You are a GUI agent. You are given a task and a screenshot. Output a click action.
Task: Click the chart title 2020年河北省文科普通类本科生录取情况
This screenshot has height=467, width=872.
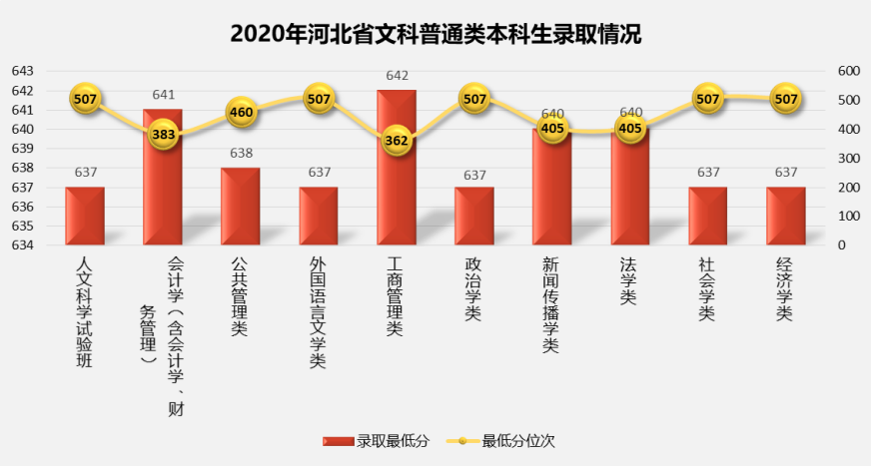[436, 33]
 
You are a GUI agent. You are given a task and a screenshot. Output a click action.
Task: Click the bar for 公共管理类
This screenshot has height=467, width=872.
[241, 206]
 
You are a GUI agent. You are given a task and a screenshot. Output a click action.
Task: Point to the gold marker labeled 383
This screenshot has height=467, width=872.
[164, 134]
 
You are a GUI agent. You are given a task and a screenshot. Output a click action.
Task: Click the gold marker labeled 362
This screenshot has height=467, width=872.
[397, 141]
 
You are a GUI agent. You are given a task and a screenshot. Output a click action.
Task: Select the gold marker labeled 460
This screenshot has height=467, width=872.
[241, 112]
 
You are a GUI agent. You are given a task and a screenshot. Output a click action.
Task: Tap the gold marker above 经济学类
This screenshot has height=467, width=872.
[786, 99]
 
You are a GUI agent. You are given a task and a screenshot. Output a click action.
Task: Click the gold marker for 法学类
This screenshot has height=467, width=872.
[630, 128]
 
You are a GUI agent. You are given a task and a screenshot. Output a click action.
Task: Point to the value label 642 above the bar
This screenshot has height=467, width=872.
[397, 76]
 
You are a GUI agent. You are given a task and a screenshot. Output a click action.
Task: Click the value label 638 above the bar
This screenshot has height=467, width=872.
[241, 154]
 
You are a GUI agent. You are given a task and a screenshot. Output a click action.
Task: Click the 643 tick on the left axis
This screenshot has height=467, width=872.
[22, 71]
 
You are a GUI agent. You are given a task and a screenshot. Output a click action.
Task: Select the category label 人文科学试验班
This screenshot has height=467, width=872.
[85, 312]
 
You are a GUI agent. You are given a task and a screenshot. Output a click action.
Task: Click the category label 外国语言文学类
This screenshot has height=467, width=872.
[319, 312]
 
